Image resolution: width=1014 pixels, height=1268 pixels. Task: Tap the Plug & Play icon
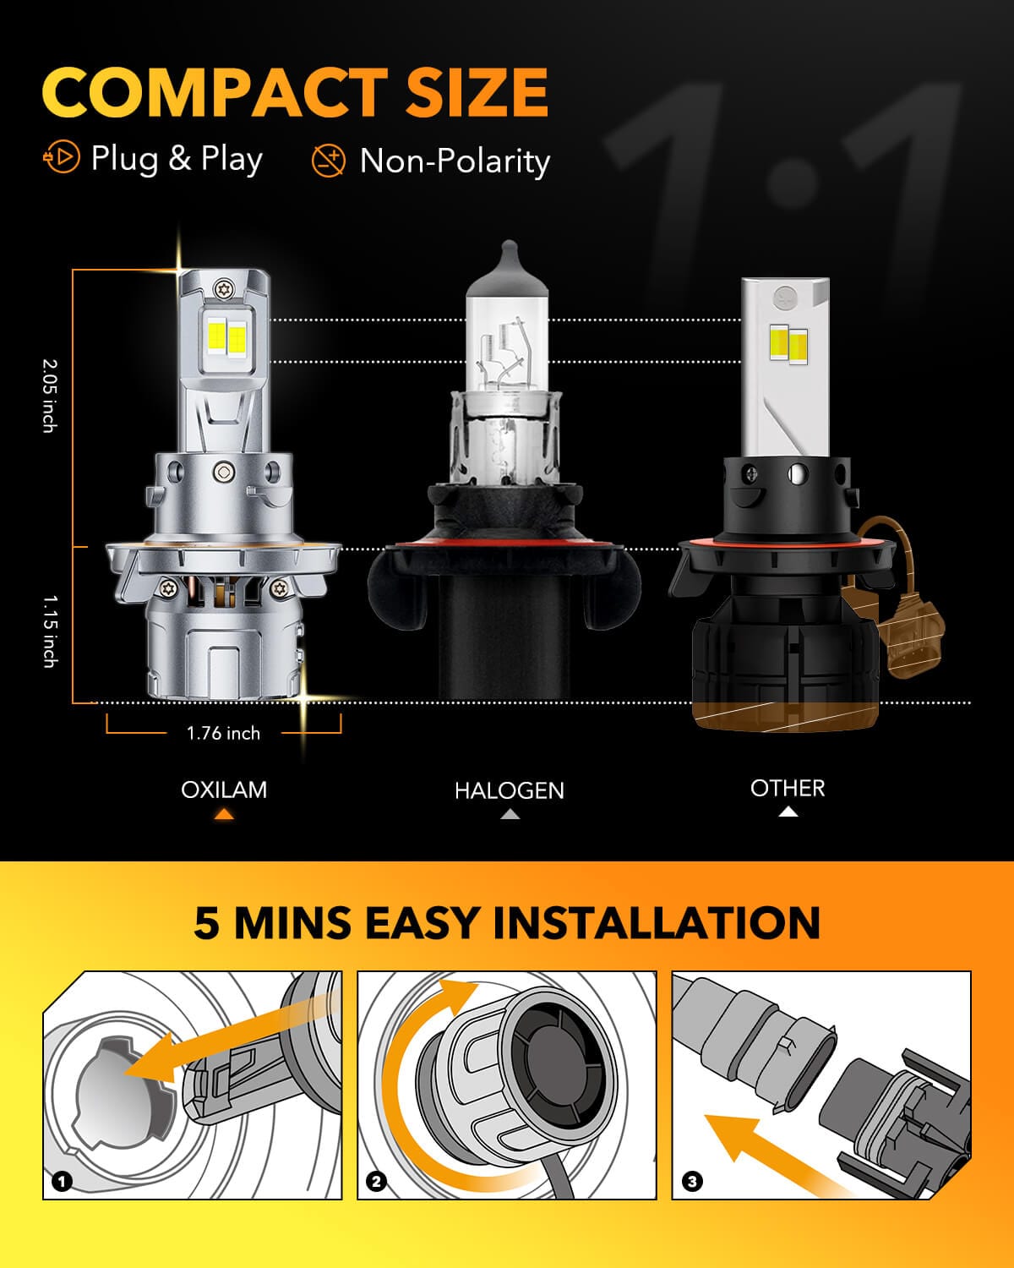click(x=61, y=158)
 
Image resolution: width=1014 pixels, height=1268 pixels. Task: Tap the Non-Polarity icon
click(x=328, y=160)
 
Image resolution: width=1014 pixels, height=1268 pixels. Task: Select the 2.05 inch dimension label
click(x=49, y=396)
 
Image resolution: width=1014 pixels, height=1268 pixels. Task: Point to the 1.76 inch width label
click(x=223, y=733)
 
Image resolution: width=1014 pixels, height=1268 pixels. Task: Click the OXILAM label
click(x=224, y=790)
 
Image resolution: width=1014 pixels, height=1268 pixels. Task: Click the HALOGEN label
click(x=509, y=790)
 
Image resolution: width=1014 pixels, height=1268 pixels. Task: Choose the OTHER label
click(x=788, y=788)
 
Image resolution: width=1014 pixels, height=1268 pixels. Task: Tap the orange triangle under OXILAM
click(x=224, y=815)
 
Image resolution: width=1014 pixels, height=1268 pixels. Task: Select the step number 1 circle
click(x=62, y=1181)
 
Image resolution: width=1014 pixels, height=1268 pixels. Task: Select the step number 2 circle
click(x=377, y=1181)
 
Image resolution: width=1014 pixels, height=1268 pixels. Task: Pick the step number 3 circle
click(x=692, y=1181)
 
